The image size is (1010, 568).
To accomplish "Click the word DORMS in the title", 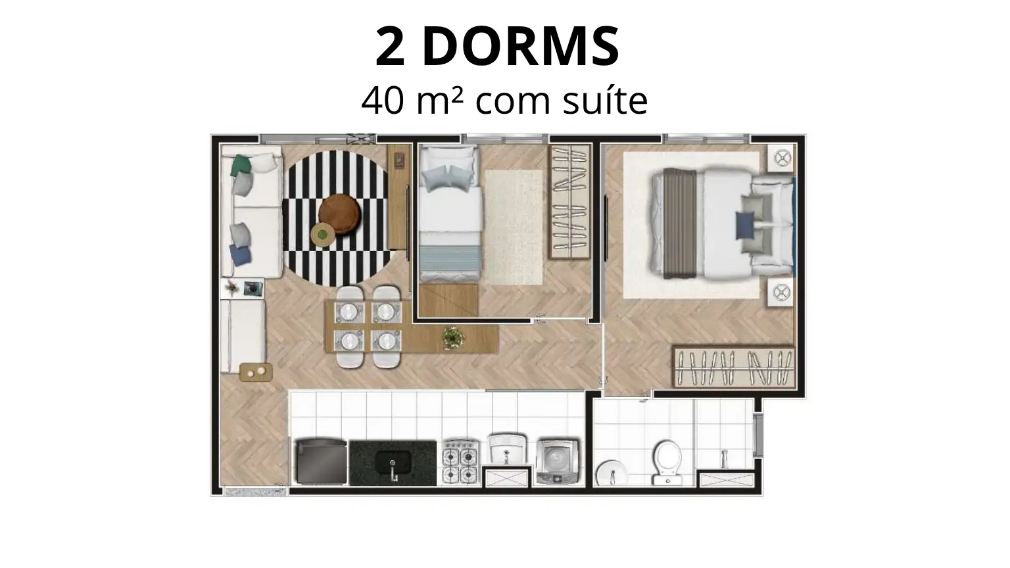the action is tap(520, 47).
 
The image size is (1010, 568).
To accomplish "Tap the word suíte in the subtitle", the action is tap(606, 100).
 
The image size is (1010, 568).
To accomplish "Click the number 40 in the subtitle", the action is tap(382, 101).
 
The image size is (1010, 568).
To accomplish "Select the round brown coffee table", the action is tap(339, 214).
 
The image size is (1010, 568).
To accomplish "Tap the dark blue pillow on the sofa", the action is tap(240, 255).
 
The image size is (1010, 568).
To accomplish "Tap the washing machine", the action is tap(558, 461).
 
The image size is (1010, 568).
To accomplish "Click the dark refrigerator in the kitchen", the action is tap(322, 461).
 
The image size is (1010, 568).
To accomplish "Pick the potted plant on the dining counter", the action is tap(454, 338).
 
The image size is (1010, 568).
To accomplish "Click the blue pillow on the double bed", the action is tap(745, 225).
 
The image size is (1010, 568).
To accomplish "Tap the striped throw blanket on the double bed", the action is tap(681, 223).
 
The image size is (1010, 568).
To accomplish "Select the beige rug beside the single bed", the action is tap(514, 227).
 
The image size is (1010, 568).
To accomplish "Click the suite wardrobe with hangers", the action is tap(734, 366).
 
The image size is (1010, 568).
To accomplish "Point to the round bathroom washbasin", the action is tap(612, 473).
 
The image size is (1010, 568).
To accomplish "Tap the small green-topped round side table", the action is tap(322, 235).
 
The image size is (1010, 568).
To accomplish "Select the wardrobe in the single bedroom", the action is tap(569, 202).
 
